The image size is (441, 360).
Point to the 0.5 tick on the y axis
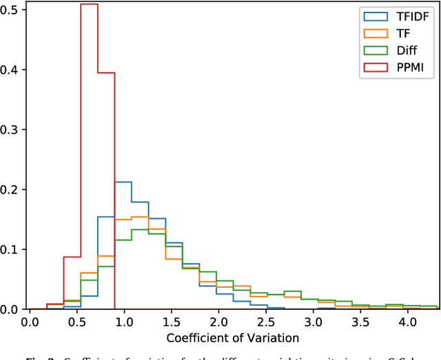pyautogui.click(x=12, y=10)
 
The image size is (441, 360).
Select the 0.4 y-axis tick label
pyautogui.click(x=12, y=70)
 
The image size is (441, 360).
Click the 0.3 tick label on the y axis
pyautogui.click(x=12, y=129)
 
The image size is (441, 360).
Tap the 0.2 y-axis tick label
pyautogui.click(x=12, y=189)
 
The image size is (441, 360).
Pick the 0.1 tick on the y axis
pyautogui.click(x=12, y=249)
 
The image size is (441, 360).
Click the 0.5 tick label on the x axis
pyautogui.click(x=77, y=321)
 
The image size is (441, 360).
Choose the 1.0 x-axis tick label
pyautogui.click(x=124, y=321)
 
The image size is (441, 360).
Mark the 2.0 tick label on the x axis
pyautogui.click(x=218, y=321)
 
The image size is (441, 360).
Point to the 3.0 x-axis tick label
pyautogui.click(x=313, y=321)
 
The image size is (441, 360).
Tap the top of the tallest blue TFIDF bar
pyautogui.click(x=123, y=182)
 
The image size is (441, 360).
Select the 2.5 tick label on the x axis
pyautogui.click(x=265, y=321)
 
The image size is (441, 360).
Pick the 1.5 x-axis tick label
pyautogui.click(x=172, y=321)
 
